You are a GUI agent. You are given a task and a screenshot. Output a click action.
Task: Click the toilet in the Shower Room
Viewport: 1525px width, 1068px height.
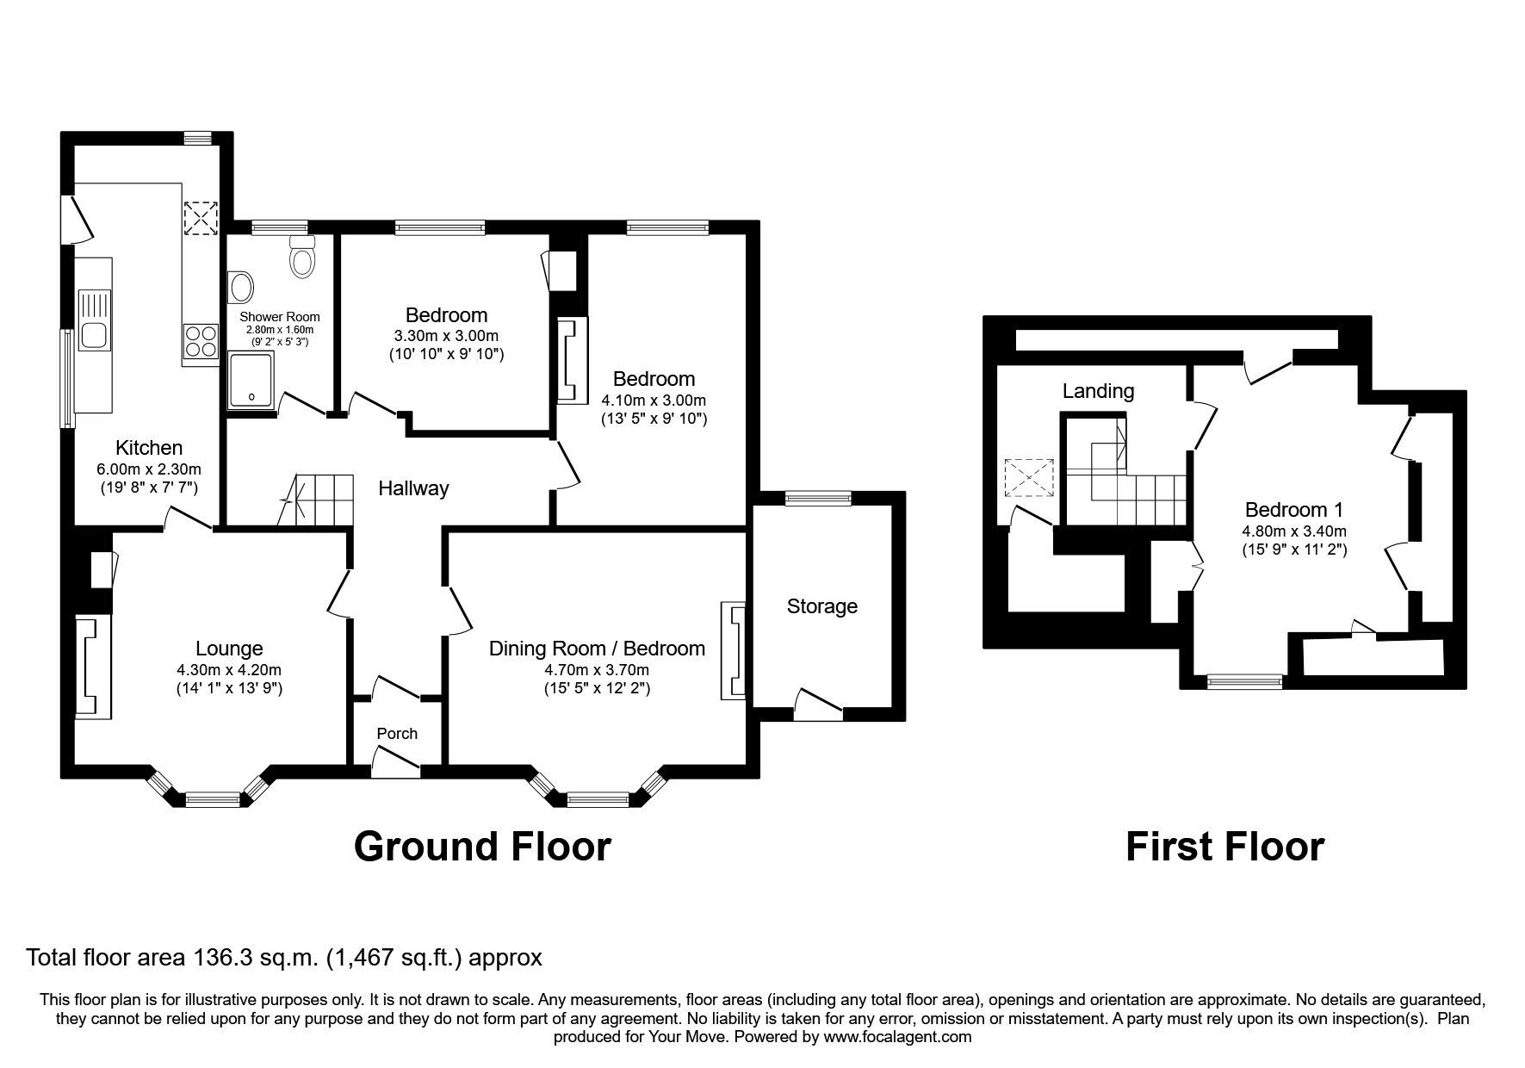[302, 258]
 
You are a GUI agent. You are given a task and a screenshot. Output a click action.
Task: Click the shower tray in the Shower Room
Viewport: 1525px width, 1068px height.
[251, 380]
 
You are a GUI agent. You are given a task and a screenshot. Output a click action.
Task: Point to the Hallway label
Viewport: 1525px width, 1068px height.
[413, 488]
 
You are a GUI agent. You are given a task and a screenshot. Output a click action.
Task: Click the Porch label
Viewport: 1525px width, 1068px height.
[397, 733]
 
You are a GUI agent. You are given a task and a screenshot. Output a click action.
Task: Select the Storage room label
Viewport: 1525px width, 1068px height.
[821, 605]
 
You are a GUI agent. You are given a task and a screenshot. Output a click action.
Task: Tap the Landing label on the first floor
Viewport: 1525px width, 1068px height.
[1097, 391]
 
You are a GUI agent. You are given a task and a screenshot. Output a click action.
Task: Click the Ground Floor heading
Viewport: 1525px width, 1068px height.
[482, 846]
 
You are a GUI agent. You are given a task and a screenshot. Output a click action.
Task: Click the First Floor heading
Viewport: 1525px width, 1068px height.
[1224, 846]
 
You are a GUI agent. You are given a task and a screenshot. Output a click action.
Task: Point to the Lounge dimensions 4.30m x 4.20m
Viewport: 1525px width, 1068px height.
[229, 669]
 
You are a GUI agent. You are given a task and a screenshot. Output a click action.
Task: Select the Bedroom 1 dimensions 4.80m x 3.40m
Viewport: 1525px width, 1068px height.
[1293, 531]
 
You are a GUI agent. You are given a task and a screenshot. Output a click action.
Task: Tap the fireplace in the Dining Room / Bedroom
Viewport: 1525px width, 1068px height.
[735, 651]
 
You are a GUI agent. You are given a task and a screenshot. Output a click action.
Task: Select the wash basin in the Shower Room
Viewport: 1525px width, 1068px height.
[241, 286]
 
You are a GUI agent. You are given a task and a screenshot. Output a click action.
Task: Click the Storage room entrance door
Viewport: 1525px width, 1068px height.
[817, 705]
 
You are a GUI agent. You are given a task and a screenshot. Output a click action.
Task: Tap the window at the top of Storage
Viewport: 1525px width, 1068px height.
[818, 496]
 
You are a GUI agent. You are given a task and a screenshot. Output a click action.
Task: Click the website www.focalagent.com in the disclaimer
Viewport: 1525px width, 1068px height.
[897, 1037]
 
